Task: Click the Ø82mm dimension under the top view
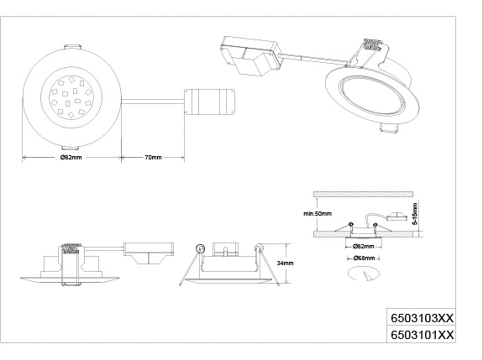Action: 71,157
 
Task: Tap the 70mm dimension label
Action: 153,157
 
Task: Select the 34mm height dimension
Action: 285,263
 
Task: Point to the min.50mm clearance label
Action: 318,213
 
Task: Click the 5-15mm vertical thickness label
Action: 415,213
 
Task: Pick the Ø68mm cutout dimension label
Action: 364,258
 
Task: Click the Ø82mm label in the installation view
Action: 364,246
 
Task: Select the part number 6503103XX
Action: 422,318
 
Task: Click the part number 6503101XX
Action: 422,335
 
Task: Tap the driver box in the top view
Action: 209,102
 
